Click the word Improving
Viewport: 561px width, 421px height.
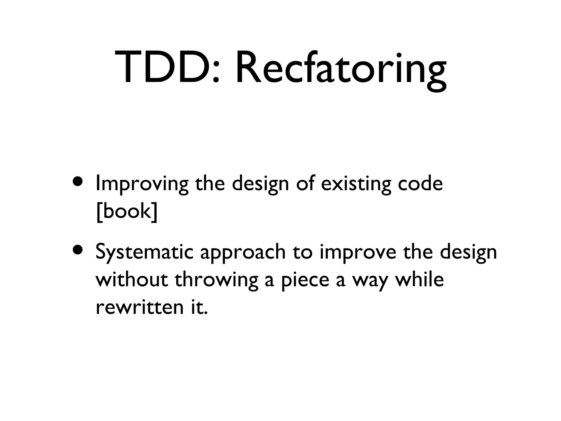142,184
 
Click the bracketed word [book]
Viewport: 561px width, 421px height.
127,212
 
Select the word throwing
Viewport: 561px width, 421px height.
216,281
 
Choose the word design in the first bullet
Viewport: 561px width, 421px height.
261,184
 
